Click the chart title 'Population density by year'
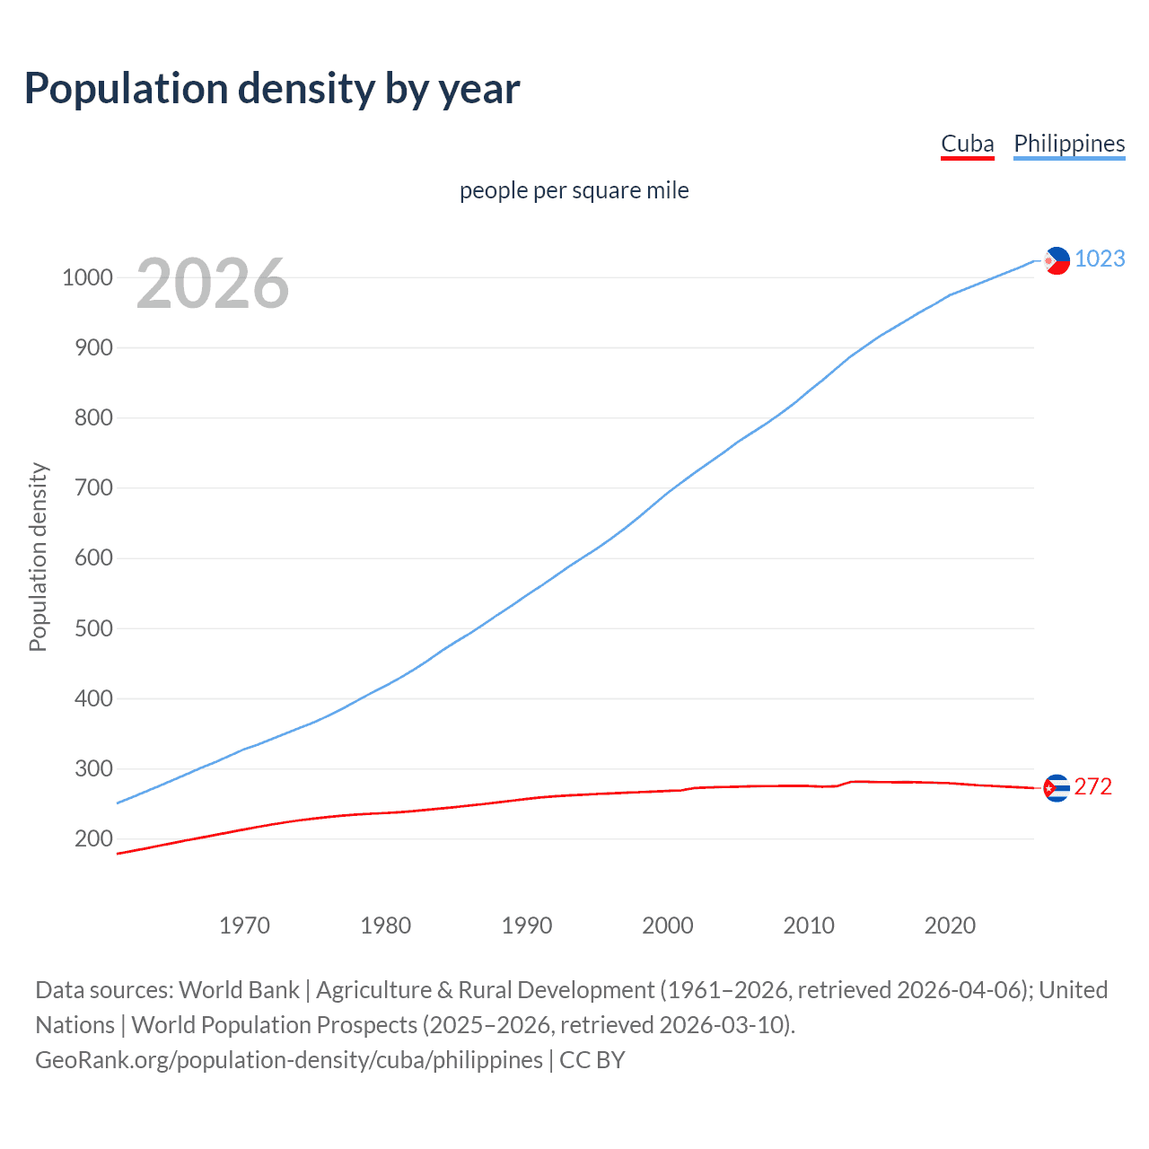(x=272, y=88)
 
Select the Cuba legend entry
(x=967, y=144)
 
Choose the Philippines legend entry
(x=1068, y=144)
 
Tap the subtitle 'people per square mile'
(x=574, y=190)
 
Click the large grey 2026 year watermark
(x=213, y=284)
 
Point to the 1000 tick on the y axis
(x=87, y=277)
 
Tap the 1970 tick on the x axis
(x=244, y=925)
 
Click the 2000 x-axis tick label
(x=667, y=925)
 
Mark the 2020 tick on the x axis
(x=950, y=925)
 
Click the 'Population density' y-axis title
(x=38, y=557)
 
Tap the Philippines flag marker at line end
(x=1057, y=260)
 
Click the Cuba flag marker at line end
(x=1057, y=788)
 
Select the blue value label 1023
(x=1099, y=259)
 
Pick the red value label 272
(x=1092, y=786)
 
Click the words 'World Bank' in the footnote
(x=239, y=990)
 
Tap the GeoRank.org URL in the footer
(x=288, y=1060)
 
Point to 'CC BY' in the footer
(x=592, y=1060)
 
